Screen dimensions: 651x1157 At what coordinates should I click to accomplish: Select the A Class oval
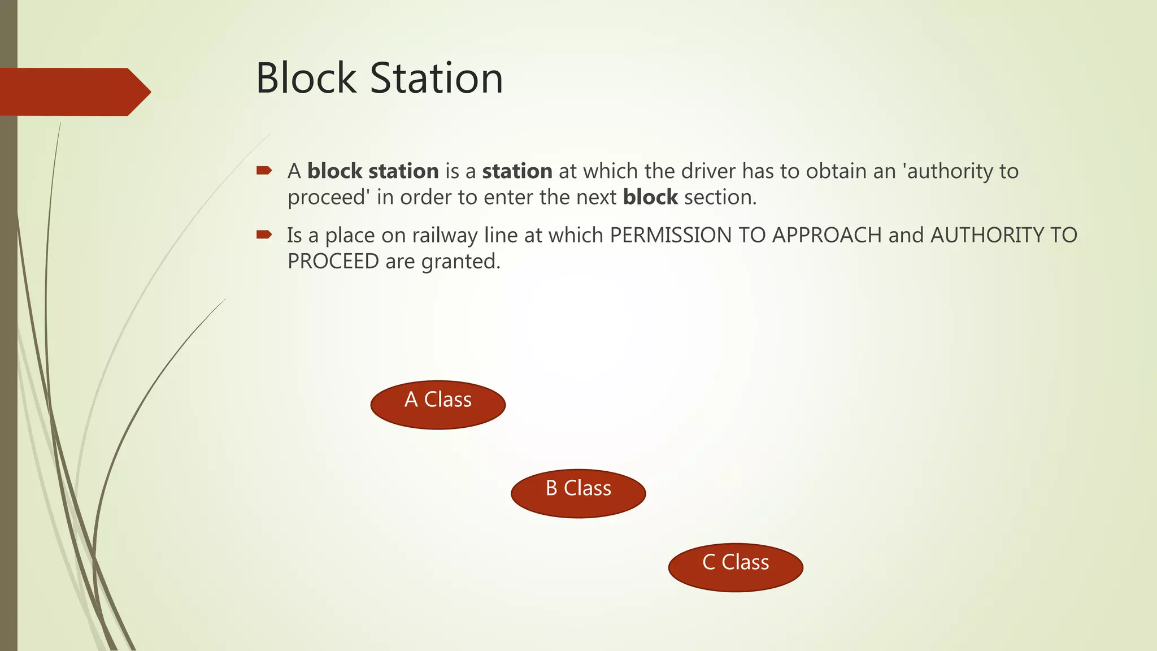click(x=438, y=405)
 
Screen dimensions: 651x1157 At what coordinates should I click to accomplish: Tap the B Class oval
click(x=578, y=493)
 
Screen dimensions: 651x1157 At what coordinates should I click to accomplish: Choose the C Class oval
click(x=735, y=567)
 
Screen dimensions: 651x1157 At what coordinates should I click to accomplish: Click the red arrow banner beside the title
click(x=73, y=92)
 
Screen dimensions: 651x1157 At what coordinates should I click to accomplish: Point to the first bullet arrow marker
click(x=264, y=170)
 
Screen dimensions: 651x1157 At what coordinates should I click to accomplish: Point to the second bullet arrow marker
click(x=264, y=234)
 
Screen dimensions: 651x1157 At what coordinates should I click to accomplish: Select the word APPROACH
click(x=827, y=235)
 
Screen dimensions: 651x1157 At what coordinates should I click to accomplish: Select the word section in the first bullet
click(x=720, y=197)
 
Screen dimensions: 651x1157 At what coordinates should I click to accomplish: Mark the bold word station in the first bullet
click(x=517, y=171)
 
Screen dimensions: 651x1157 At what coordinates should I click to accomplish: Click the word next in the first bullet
click(x=596, y=197)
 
